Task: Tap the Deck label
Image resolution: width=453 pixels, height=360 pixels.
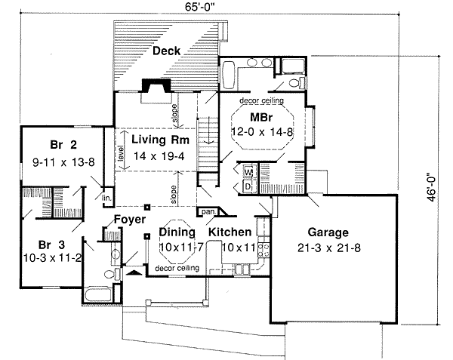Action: tap(165, 51)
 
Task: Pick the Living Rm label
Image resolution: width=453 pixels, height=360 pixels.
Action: tap(158, 140)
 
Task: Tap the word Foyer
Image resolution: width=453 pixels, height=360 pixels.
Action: tap(129, 220)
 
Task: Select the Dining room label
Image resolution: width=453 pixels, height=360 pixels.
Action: tap(177, 232)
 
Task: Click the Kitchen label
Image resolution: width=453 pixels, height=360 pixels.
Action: tap(230, 232)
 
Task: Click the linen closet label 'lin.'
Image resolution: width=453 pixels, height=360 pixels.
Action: tap(106, 198)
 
